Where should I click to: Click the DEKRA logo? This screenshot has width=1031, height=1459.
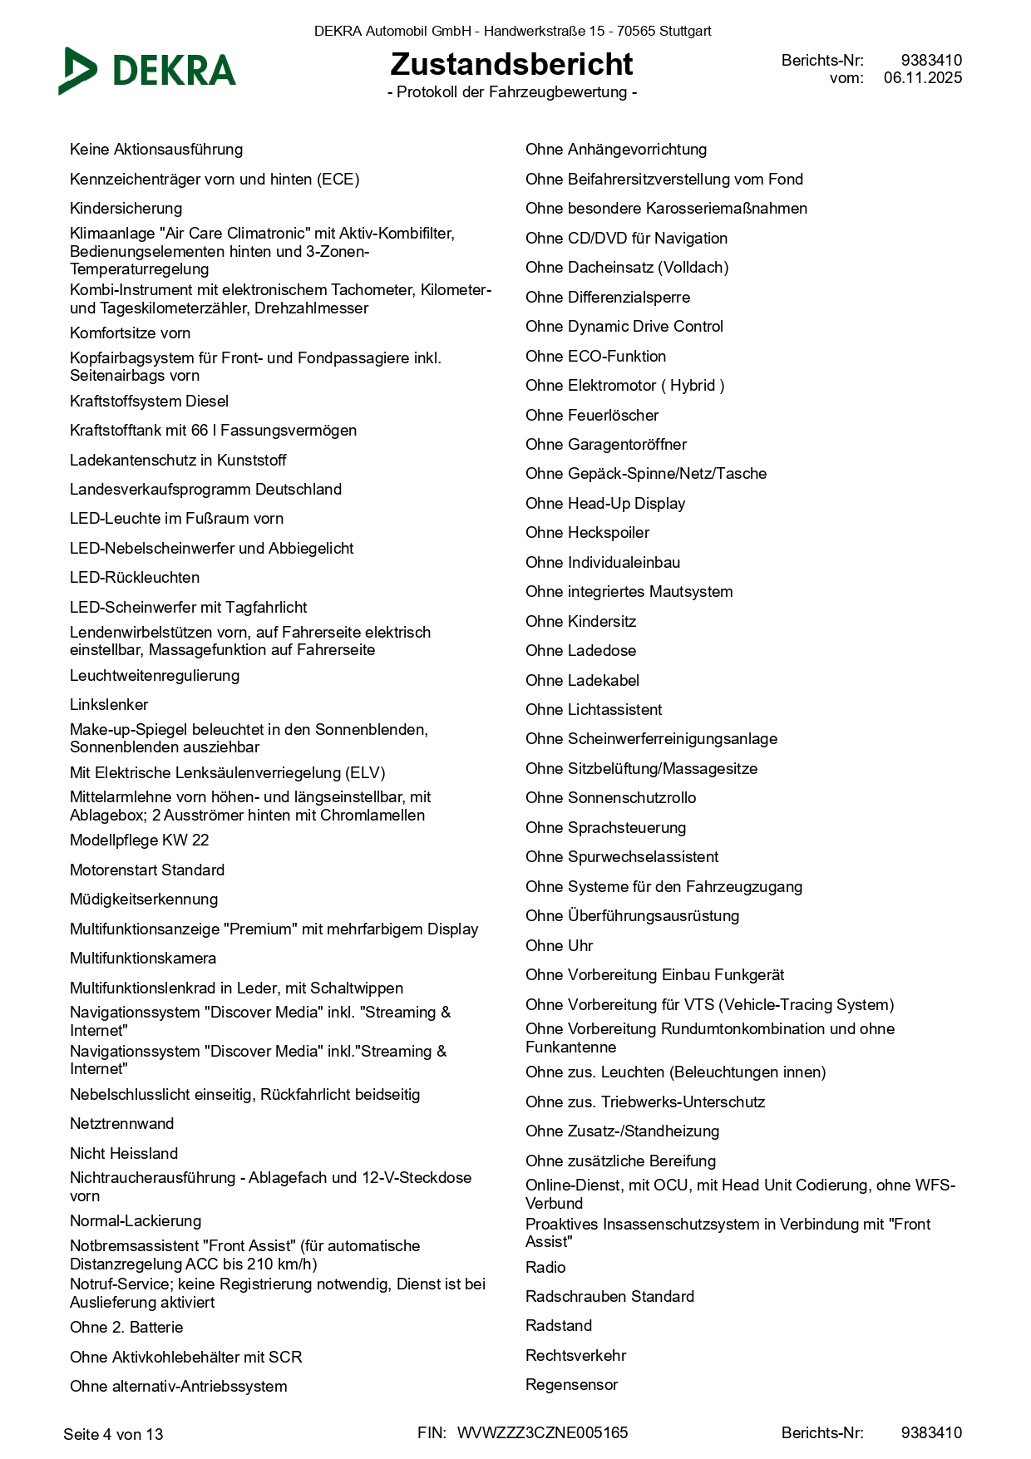[148, 71]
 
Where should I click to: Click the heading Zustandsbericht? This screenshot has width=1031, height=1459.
[511, 64]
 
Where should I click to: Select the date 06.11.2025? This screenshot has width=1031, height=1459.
[922, 78]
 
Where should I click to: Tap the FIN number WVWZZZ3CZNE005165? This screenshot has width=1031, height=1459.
[542, 1432]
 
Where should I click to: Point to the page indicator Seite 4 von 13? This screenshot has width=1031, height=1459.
[113, 1434]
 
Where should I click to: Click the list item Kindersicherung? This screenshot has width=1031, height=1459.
[126, 209]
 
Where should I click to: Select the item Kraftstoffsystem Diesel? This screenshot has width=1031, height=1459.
[149, 402]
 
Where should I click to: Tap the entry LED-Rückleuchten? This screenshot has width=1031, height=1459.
[135, 578]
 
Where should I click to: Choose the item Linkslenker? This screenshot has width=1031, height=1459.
[109, 705]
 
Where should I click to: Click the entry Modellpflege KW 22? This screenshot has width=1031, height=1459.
[139, 840]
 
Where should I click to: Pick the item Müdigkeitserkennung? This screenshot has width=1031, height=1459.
[144, 900]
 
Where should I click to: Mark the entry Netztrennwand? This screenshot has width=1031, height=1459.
[121, 1124]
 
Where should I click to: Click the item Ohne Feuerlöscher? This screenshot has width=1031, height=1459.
[591, 416]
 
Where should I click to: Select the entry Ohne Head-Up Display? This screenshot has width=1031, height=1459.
[604, 504]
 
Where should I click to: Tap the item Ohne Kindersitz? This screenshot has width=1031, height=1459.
[580, 622]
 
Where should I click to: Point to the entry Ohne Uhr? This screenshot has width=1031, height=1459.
[559, 946]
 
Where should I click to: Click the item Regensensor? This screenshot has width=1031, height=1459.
[571, 1385]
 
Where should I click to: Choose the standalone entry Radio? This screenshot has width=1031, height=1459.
[545, 1268]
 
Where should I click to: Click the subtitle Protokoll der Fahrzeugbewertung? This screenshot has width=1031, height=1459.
[511, 92]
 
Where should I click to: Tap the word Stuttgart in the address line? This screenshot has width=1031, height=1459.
[684, 32]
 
